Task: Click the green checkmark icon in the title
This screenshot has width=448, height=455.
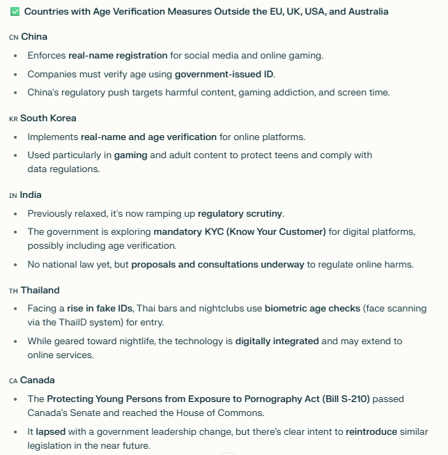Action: click(15, 12)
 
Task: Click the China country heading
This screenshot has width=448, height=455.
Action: click(34, 36)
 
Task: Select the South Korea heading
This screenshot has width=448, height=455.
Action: click(48, 118)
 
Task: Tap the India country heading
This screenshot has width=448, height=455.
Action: click(31, 194)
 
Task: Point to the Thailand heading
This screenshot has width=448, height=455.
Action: click(40, 290)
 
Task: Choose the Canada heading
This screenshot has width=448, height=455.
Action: click(37, 380)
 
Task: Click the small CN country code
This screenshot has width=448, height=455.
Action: click(14, 37)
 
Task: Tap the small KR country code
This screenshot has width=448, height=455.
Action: click(13, 118)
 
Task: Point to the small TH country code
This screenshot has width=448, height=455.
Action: click(13, 291)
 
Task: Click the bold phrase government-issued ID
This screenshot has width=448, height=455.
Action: click(224, 74)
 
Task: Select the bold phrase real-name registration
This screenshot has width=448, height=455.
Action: click(118, 55)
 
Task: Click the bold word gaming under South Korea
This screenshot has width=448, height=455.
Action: click(130, 155)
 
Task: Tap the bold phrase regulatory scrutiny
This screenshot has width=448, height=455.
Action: click(240, 213)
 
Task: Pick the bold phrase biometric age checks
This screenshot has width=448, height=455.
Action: click(312, 308)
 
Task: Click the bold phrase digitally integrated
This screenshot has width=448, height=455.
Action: click(277, 341)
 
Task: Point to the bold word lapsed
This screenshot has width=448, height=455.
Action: click(51, 431)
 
